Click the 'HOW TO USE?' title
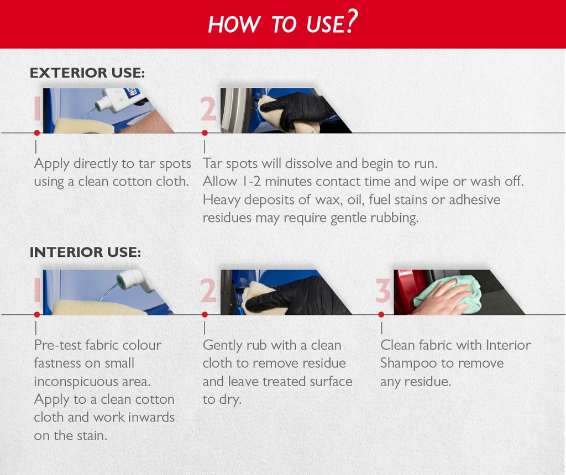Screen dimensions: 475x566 282,23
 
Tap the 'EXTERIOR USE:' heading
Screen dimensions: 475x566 87,73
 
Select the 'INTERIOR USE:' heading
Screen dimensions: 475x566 85,252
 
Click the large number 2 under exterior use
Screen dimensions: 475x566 208,109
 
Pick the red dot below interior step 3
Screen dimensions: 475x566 381,314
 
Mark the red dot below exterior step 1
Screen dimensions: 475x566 36,133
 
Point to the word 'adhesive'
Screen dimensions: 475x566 474,199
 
